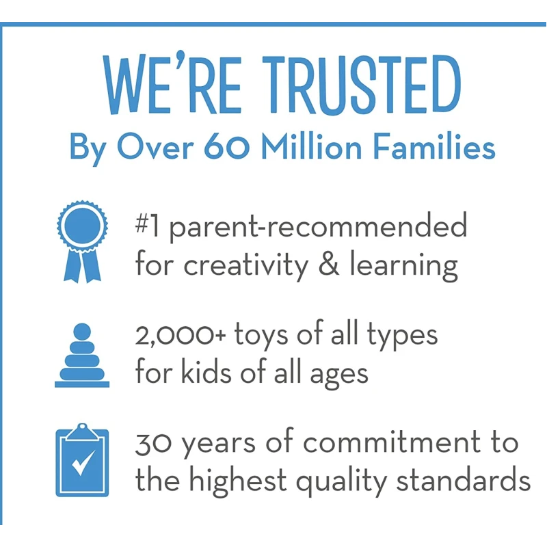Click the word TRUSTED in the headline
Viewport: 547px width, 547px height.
362,84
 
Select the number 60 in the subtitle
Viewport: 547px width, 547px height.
227,147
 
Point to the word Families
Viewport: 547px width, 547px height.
434,146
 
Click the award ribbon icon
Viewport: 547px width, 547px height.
82,241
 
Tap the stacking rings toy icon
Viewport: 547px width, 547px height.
82,355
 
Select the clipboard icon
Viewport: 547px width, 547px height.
82,459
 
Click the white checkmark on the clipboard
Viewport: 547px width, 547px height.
83,462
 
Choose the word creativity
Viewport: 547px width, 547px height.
246,266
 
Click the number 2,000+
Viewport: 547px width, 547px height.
181,336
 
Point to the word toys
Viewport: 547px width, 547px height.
261,336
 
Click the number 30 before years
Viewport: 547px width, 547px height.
152,444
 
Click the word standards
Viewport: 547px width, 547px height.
464,480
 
